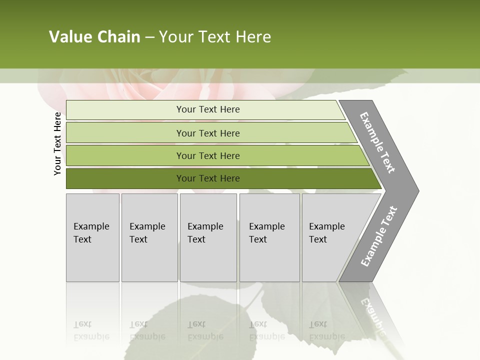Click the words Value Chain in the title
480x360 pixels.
tap(94, 37)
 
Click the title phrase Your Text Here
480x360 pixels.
tap(215, 37)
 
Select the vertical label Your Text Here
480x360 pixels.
tap(57, 143)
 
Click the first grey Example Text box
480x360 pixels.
tap(92, 237)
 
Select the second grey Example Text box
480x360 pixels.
tap(149, 237)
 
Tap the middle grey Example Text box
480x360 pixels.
tap(208, 237)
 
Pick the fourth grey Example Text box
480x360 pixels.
tap(269, 237)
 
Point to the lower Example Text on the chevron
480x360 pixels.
tap(378, 236)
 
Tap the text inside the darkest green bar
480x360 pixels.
tap(208, 178)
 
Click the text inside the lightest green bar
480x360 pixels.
tap(208, 109)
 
